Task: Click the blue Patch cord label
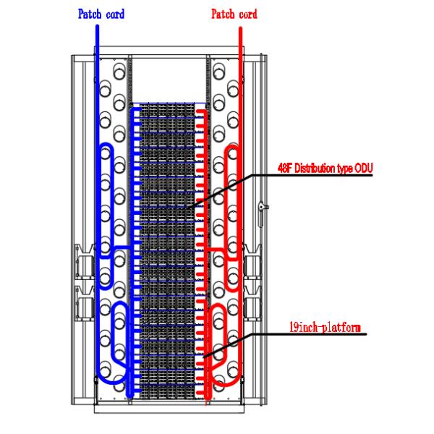[x=101, y=14]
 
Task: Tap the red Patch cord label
[x=234, y=14]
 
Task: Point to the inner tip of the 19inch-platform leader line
[x=205, y=358]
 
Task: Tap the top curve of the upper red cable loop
[x=234, y=147]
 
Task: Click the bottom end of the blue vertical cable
[x=129, y=395]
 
